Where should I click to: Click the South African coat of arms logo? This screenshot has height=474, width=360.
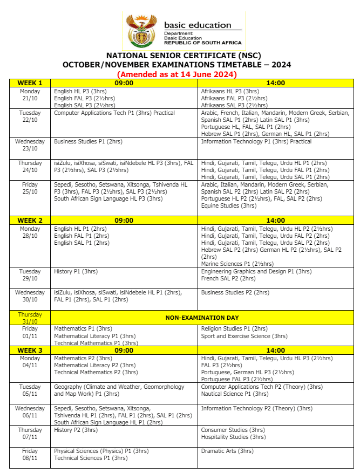pyautogui.click(x=141, y=31)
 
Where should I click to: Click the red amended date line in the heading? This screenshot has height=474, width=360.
pyautogui.click(x=177, y=74)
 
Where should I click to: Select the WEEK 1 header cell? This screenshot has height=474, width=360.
pyautogui.click(x=30, y=83)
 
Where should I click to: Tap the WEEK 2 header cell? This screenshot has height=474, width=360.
pyautogui.click(x=30, y=220)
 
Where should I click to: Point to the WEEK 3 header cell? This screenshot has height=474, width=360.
pyautogui.click(x=30, y=350)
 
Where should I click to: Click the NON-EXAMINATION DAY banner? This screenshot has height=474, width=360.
pyautogui.click(x=202, y=318)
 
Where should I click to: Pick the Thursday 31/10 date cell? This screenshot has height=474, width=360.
pyautogui.click(x=30, y=318)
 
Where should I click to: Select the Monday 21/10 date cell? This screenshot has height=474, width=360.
pyautogui.click(x=30, y=95)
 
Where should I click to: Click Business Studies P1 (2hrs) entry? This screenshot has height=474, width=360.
pyautogui.click(x=88, y=141)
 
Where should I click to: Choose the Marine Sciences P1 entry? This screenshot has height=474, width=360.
pyautogui.click(x=237, y=264)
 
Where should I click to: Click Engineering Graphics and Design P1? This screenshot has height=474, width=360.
pyautogui.click(x=256, y=271)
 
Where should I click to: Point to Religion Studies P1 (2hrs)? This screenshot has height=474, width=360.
pyautogui.click(x=234, y=328)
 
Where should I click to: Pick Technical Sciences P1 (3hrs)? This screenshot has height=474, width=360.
pyautogui.click(x=91, y=458)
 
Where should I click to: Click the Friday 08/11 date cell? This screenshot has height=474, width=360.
pyautogui.click(x=30, y=454)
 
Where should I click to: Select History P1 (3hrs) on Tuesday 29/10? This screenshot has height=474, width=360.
pyautogui.click(x=76, y=271)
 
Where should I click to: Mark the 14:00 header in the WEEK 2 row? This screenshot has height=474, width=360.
pyautogui.click(x=275, y=220)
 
